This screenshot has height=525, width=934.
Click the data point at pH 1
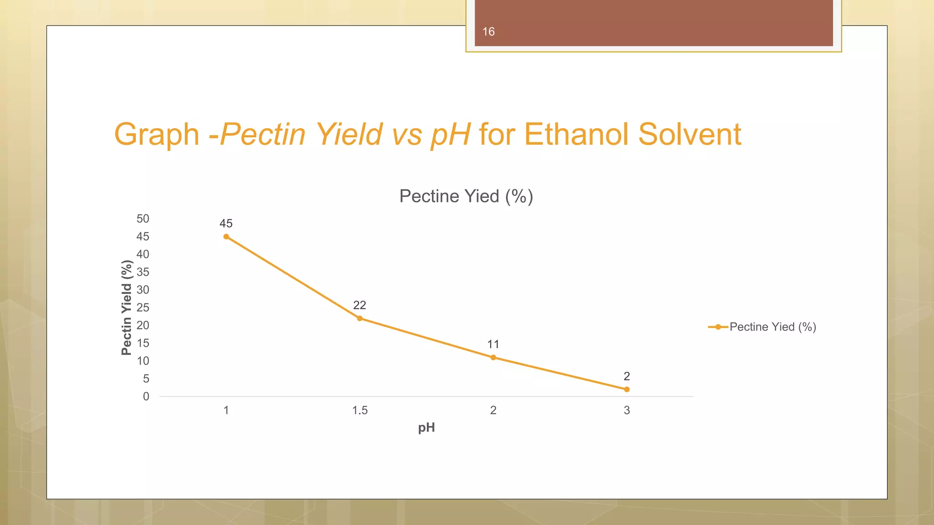click(226, 237)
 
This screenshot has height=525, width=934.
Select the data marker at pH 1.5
click(360, 318)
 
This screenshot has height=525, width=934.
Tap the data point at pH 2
click(493, 357)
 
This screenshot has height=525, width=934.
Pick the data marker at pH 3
click(627, 389)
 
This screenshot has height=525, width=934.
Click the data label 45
click(226, 223)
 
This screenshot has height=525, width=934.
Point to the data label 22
click(359, 305)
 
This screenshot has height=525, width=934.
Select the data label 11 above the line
click(493, 344)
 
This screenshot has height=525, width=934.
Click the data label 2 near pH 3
click(627, 376)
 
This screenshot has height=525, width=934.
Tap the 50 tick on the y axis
click(143, 219)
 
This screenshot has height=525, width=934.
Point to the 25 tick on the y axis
click(143, 308)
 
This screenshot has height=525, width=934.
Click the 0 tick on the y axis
click(146, 396)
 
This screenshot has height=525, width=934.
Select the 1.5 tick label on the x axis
click(359, 410)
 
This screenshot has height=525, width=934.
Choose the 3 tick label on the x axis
click(627, 410)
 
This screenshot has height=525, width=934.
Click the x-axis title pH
click(426, 427)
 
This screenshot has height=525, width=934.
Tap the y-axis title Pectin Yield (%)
click(126, 308)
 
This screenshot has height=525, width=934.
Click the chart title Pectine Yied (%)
click(466, 196)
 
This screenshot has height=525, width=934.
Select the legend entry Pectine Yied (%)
click(773, 327)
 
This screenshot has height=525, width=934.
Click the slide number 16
click(488, 31)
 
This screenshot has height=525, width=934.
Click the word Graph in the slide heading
click(156, 134)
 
